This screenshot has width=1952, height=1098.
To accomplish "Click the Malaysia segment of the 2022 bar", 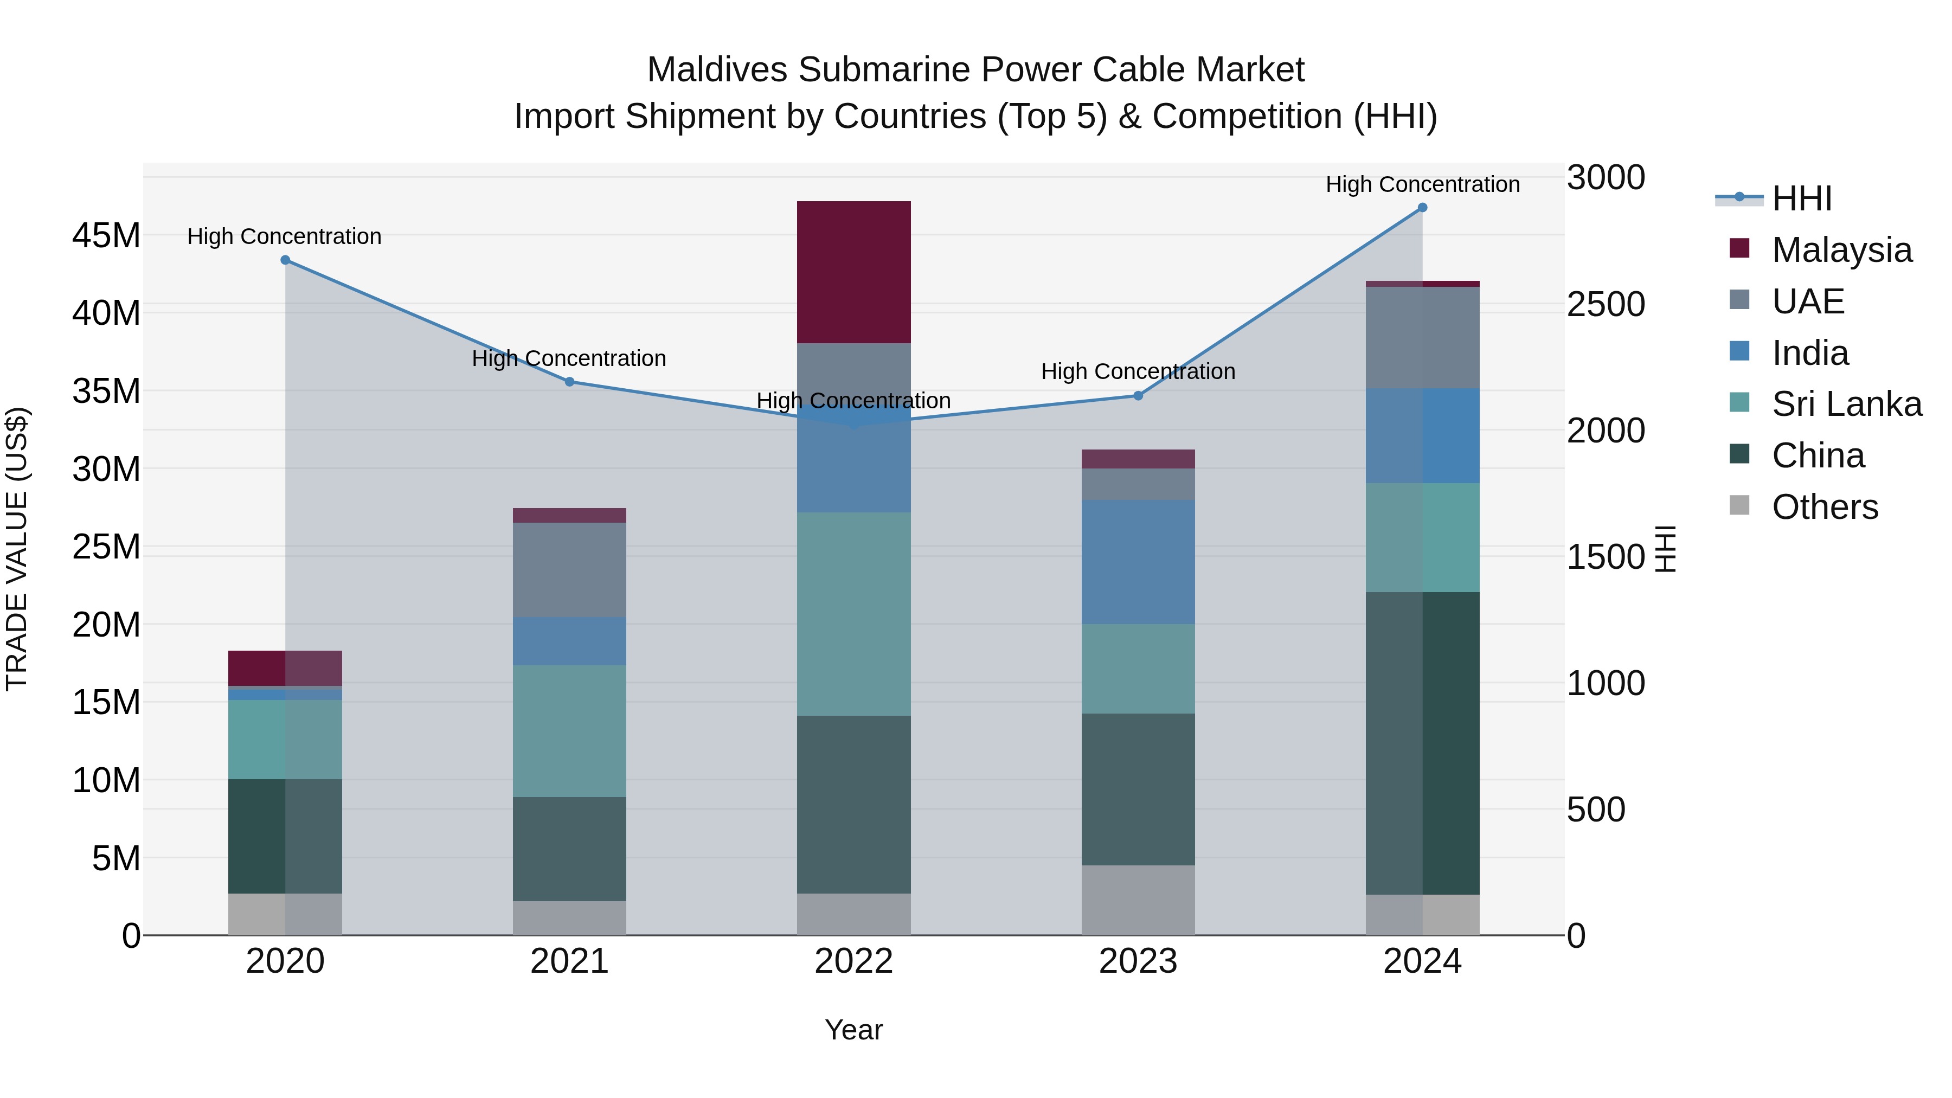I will (x=853, y=272).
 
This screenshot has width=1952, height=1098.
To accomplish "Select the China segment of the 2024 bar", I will (x=1422, y=743).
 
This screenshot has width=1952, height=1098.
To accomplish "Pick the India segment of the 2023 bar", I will (x=1138, y=562).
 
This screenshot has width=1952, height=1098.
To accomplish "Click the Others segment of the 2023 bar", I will (x=1138, y=900).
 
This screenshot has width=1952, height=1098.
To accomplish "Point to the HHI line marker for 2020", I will (x=285, y=260).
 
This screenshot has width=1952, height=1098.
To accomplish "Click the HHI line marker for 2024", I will (x=1422, y=208).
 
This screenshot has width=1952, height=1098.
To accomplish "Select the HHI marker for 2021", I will (x=569, y=382).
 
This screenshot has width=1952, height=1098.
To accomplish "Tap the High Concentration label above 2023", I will (x=1138, y=371).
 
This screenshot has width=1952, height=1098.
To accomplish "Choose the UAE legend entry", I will (x=1807, y=301).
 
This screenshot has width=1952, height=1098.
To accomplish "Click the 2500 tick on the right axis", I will (x=1606, y=305).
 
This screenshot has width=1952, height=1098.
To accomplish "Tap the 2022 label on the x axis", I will (x=853, y=961).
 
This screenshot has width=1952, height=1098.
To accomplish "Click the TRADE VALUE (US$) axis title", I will (x=17, y=549).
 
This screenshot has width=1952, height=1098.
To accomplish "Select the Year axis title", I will (x=853, y=1030).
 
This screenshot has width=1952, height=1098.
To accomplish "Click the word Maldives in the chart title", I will (x=716, y=70).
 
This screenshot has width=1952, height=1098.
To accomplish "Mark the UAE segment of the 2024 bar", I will (x=1422, y=337).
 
